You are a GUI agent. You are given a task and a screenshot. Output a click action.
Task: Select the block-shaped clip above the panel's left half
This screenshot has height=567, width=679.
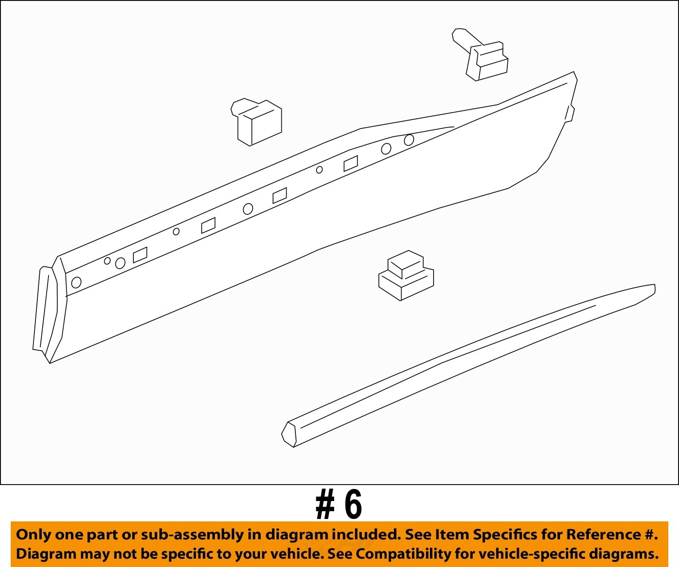pos(258,122)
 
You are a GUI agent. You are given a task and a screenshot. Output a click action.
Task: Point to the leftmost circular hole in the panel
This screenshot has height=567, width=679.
pos(76,282)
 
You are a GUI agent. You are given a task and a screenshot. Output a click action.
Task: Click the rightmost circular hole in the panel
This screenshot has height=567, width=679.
pos(409,140)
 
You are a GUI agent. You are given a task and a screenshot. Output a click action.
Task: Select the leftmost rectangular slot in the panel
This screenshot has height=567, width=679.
pos(140,255)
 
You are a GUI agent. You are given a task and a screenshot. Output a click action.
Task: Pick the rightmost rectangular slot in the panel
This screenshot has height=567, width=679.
pos(351,163)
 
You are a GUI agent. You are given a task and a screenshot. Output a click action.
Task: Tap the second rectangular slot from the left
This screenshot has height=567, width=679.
pos(209,225)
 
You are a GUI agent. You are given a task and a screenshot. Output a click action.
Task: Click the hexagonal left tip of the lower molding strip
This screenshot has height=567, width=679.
pos(289,434)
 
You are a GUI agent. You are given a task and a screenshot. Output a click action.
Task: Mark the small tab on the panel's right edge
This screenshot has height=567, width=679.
pos(570,113)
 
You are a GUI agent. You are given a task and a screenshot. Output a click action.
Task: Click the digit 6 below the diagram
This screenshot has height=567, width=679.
pos(353,505)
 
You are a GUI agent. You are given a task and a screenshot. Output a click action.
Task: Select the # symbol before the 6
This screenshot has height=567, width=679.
pos(325,505)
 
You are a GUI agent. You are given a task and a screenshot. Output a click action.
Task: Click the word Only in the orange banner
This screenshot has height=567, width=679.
pos(33,535)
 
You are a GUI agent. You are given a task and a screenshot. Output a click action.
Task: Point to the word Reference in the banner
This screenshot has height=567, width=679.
pos(604,535)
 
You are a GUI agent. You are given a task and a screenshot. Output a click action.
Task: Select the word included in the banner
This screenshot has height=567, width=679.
pos(365,535)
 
